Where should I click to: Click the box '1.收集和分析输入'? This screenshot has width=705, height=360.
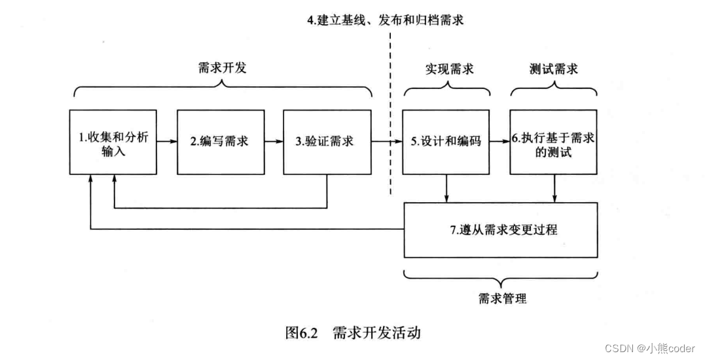[113, 141]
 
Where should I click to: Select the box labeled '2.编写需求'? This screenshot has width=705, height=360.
[219, 141]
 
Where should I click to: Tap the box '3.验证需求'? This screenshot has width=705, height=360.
[326, 141]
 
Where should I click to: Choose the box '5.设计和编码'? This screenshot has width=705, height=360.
[445, 141]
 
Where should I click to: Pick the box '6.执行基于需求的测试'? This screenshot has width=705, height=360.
[553, 141]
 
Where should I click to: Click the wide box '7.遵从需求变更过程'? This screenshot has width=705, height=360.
[500, 230]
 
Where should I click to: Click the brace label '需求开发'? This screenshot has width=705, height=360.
[222, 67]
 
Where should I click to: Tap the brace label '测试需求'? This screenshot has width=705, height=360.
[553, 69]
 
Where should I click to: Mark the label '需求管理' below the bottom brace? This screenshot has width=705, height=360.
[502, 299]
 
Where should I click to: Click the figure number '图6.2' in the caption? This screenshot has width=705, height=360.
[301, 333]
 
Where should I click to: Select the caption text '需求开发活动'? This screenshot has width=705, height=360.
[376, 333]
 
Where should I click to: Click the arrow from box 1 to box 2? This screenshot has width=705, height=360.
[167, 141]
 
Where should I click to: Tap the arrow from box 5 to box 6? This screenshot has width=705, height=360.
[499, 141]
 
